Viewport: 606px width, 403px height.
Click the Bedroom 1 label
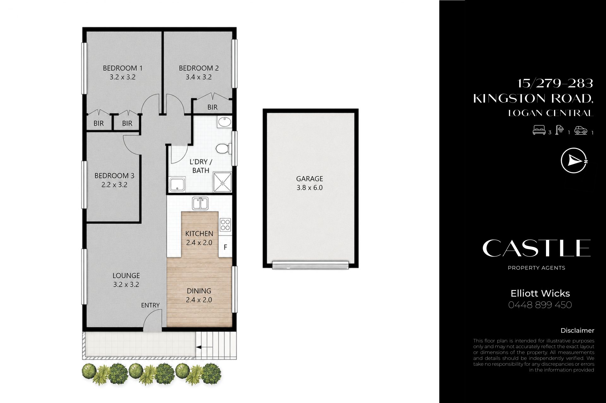click(x=122, y=68)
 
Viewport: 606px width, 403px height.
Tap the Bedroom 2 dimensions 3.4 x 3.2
click(x=199, y=77)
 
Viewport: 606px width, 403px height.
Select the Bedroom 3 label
click(x=114, y=175)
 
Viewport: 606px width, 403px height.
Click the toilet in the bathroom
click(x=224, y=148)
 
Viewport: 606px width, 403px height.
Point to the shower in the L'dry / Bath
click(x=223, y=182)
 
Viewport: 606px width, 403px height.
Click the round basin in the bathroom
click(x=224, y=122)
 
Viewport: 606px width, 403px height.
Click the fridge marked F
click(x=225, y=247)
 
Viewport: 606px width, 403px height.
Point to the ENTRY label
click(x=150, y=305)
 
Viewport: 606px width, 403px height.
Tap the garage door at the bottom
click(x=311, y=265)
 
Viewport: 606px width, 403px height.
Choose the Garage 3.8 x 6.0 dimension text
click(x=310, y=187)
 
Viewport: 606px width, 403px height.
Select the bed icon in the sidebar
click(x=539, y=130)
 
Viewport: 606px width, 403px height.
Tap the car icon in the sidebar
click(x=581, y=130)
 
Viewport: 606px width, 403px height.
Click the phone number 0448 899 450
click(x=540, y=305)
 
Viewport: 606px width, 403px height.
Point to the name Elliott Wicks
click(x=540, y=293)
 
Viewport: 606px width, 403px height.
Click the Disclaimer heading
click(x=577, y=330)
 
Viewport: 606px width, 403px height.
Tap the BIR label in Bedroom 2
click(x=212, y=107)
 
